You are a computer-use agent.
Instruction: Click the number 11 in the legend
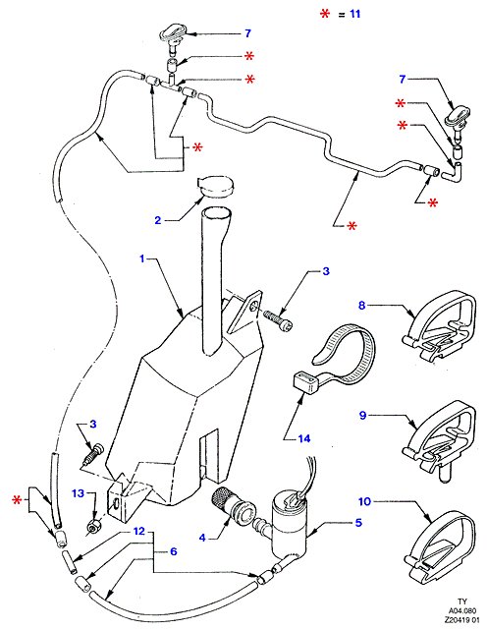354,14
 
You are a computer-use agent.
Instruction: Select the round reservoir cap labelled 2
216,186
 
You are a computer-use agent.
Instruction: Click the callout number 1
141,258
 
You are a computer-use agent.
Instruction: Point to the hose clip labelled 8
440,324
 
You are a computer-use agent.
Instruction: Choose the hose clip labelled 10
440,542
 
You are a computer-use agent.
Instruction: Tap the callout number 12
138,531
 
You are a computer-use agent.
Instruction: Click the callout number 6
174,551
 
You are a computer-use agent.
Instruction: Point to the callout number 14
304,438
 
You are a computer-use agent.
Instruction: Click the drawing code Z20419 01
461,620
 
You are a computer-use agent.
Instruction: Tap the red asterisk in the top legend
325,14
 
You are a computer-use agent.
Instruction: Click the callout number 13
78,493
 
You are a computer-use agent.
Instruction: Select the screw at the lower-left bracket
92,455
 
